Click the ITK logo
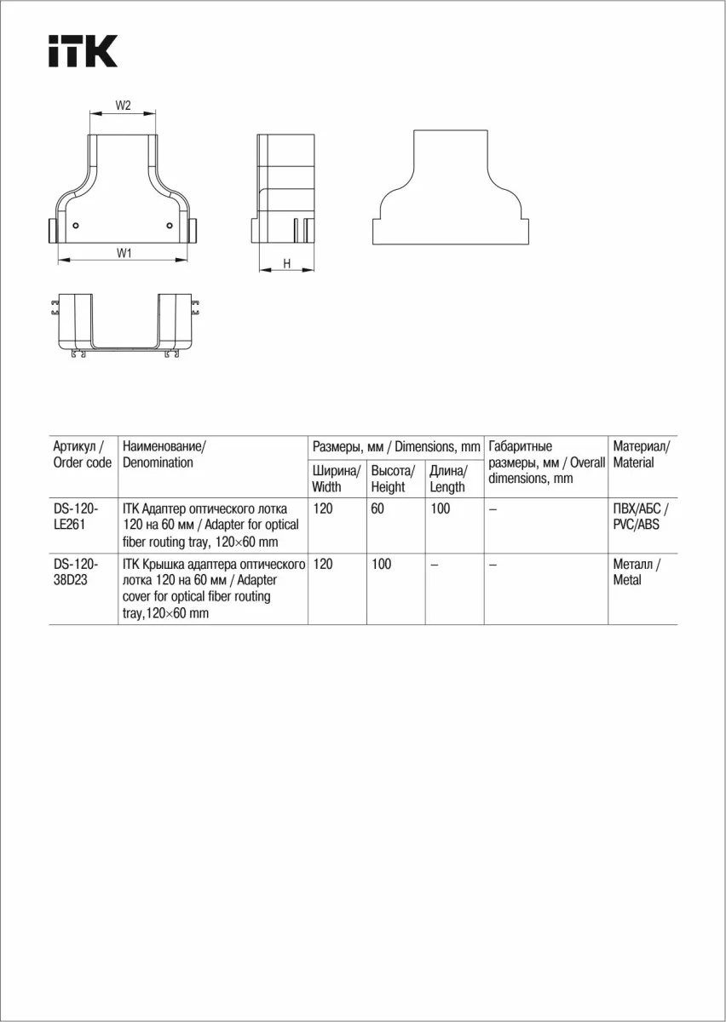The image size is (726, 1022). pos(83,52)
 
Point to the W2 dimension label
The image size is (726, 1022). pos(124,106)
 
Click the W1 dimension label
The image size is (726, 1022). pos(124,252)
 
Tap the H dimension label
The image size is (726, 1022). pos(287,264)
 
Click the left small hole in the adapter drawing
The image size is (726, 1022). pos(76,226)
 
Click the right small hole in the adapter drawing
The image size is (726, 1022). pos(170,226)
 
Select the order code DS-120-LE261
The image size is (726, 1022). pos(76,517)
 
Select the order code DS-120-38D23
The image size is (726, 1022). pos(76,572)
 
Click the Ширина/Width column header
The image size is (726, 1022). pos(337,479)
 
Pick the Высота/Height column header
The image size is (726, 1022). pos(393,479)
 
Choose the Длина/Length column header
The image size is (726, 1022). pos(448,479)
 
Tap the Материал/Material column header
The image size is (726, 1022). pos(642,454)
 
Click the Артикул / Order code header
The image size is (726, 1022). pos(82,454)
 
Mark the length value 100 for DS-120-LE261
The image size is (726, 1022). pos(441,509)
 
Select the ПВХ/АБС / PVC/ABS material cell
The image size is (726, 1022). pos(640,517)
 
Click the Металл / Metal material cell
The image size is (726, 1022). pos(637,572)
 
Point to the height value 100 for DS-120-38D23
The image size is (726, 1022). pos(382,565)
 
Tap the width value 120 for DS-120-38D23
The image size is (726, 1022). pos(323,565)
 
